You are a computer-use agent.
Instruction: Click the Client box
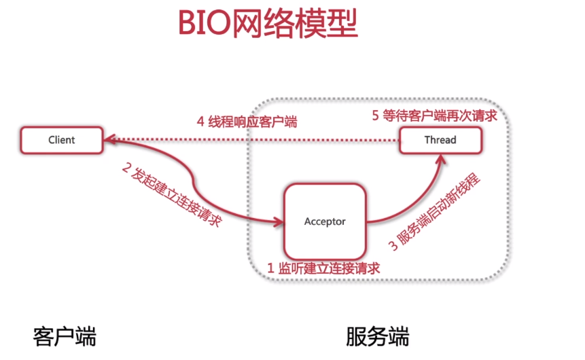coord(61,140)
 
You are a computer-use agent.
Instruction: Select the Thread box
coord(440,140)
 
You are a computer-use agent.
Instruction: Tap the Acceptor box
coord(325,221)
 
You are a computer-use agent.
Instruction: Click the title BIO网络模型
coord(267,25)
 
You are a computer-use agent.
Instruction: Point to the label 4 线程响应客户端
coord(247,122)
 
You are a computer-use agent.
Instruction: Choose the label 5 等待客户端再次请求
coord(434,115)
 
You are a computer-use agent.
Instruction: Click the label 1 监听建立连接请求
coord(323,268)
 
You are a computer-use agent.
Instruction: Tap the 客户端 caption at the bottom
coord(65,336)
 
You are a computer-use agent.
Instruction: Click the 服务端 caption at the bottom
coord(377,336)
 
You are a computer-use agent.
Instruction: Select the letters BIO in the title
coord(202,25)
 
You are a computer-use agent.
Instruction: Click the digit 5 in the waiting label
coord(375,115)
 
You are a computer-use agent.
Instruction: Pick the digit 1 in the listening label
coord(270,268)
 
